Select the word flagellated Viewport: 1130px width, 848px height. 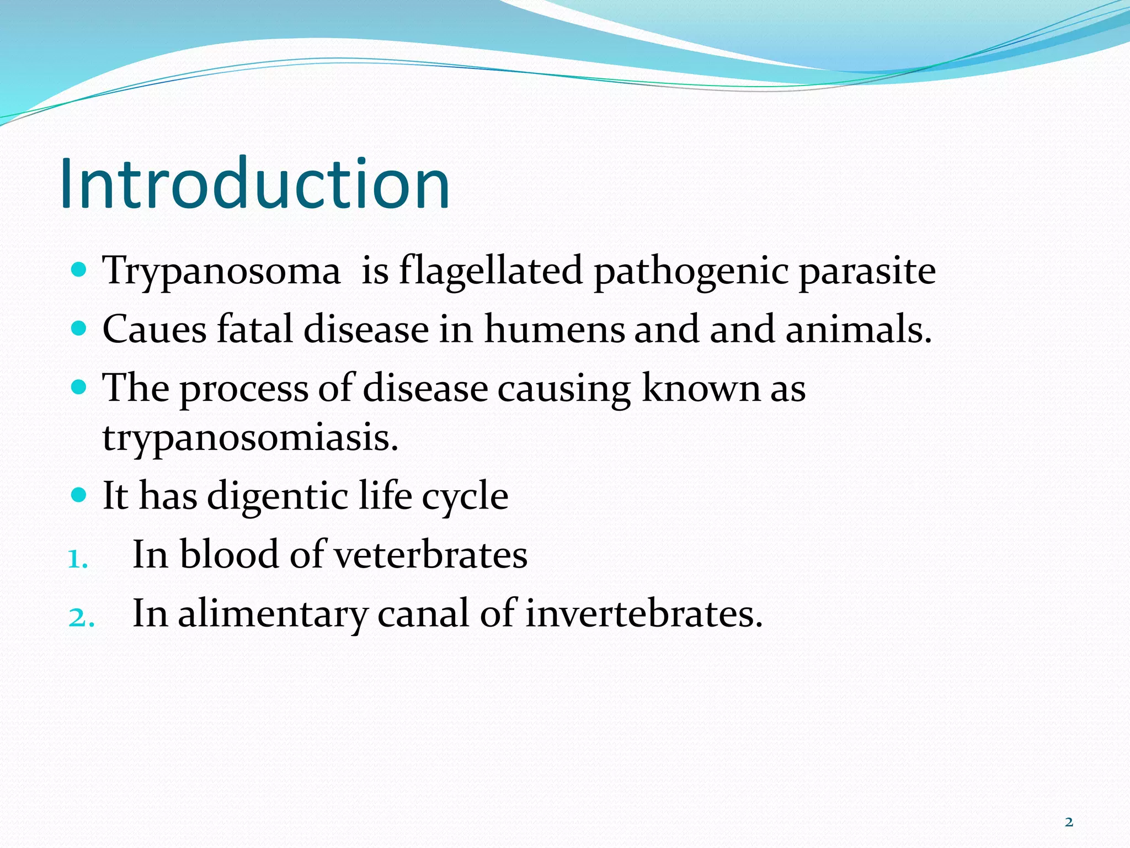pyautogui.click(x=491, y=272)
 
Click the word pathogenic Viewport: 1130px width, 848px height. pyautogui.click(x=690, y=272)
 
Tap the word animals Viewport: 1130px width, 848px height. pyautogui.click(x=858, y=330)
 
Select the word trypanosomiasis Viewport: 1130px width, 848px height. pyautogui.click(x=250, y=439)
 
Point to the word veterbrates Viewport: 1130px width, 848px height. pyautogui.click(x=430, y=555)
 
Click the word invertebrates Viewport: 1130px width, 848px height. pyautogui.click(x=644, y=614)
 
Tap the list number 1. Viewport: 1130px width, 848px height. pyautogui.click(x=78, y=560)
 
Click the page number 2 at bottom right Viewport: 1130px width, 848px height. pyautogui.click(x=1069, y=823)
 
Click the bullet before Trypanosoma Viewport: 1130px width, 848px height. pyautogui.click(x=79, y=270)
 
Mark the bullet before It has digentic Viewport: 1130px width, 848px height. pyautogui.click(x=79, y=494)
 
